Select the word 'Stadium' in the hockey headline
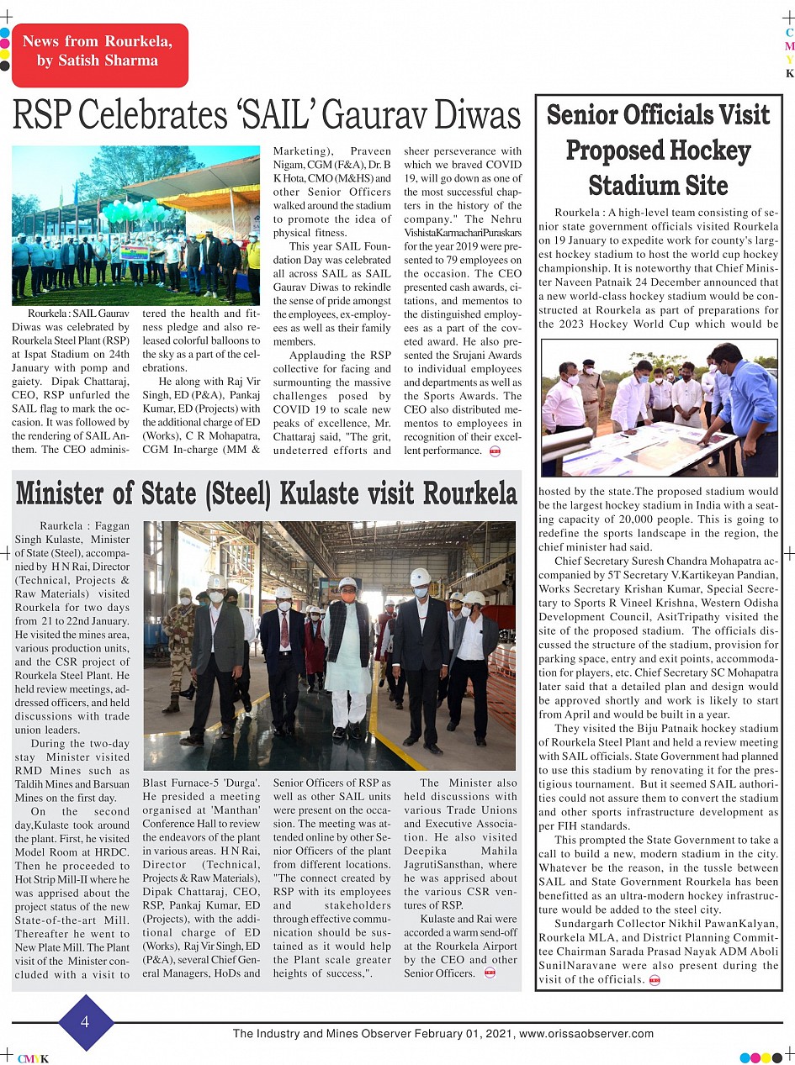pos(658,184)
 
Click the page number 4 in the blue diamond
pos(85,1022)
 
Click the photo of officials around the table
pos(659,409)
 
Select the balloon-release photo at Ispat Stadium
pos(135,225)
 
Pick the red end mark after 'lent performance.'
pos(495,451)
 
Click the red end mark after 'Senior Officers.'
pos(490,973)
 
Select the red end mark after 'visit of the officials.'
pos(655,980)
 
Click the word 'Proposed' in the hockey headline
pos(658,150)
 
